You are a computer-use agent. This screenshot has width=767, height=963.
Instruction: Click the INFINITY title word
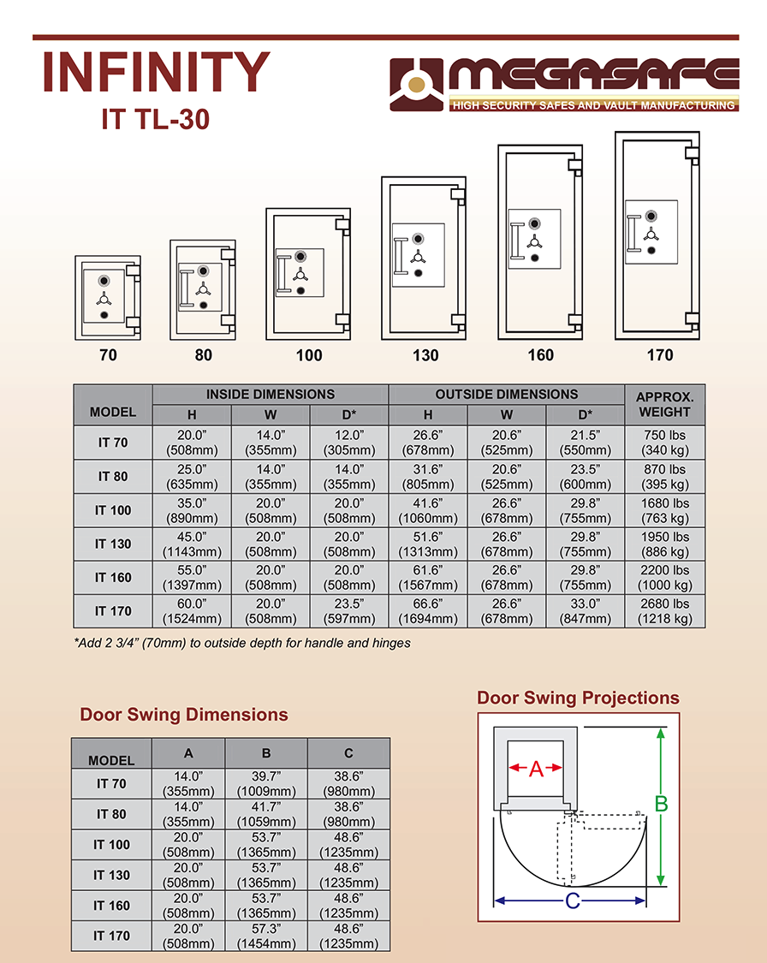click(x=156, y=71)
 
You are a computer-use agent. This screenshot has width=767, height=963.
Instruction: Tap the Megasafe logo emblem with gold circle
click(x=416, y=85)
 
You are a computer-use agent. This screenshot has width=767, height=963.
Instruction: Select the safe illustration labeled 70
click(x=108, y=298)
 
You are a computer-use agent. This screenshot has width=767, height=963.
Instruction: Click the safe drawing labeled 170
click(x=657, y=235)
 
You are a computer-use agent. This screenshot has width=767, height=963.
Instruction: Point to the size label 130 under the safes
click(x=425, y=355)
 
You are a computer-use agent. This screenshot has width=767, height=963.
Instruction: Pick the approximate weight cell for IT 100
click(x=664, y=510)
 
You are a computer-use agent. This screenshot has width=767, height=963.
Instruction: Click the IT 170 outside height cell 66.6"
click(x=428, y=611)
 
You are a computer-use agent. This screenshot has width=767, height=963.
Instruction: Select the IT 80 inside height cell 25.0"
click(x=192, y=477)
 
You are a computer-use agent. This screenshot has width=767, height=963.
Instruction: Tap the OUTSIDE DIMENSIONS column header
click(x=507, y=395)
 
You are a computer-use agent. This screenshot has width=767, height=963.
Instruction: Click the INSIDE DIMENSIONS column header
click(x=271, y=395)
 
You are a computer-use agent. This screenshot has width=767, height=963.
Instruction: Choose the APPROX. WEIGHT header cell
click(x=664, y=404)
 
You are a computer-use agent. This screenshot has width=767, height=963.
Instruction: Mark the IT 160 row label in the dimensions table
click(x=113, y=577)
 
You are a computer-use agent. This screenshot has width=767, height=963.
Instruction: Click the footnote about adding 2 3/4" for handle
click(x=242, y=643)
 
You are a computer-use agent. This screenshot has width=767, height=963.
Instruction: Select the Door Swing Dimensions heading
click(x=183, y=714)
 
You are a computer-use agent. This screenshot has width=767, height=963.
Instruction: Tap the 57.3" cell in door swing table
click(x=266, y=936)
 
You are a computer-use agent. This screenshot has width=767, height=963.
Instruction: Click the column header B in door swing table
click(x=266, y=753)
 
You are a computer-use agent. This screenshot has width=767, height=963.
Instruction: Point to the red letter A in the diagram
click(x=536, y=769)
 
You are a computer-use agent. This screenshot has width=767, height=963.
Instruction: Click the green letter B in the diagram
click(x=662, y=803)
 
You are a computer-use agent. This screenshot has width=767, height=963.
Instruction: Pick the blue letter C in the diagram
click(x=573, y=901)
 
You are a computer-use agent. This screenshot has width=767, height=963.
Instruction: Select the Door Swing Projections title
click(x=578, y=698)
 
